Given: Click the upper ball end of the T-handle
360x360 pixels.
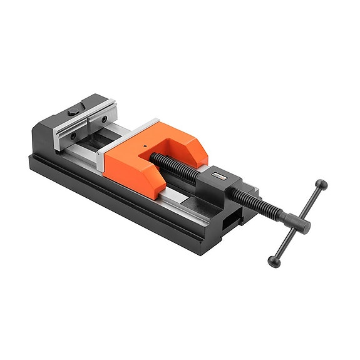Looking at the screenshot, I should click(321, 185).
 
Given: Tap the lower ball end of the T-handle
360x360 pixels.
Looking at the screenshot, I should click(273, 260).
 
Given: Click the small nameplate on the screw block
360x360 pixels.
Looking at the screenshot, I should click(220, 176).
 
